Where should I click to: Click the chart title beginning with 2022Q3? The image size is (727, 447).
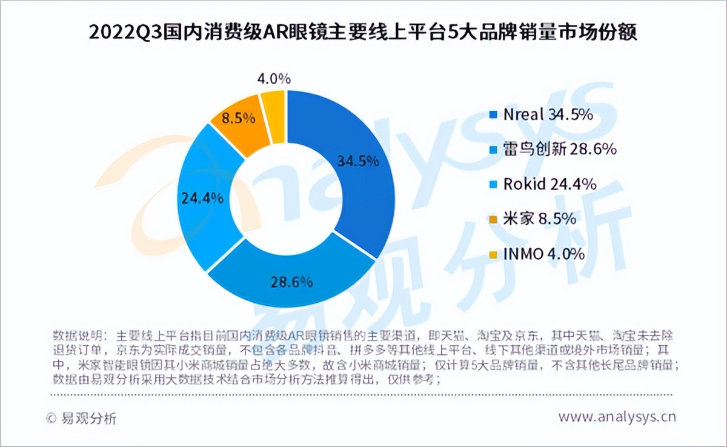pyautogui.click(x=363, y=32)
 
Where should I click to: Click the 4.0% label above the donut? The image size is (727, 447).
pyautogui.click(x=274, y=79)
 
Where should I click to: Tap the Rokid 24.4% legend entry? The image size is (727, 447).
pyautogui.click(x=542, y=184)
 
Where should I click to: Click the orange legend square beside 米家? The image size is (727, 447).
pyautogui.click(x=493, y=219)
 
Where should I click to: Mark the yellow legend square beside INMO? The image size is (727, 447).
pyautogui.click(x=493, y=254)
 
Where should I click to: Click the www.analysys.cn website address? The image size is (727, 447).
pyautogui.click(x=617, y=417)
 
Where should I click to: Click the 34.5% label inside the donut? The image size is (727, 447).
pyautogui.click(x=358, y=162)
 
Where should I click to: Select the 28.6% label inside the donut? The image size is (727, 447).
pyautogui.click(x=291, y=281)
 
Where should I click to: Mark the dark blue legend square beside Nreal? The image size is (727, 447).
pyautogui.click(x=493, y=116)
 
